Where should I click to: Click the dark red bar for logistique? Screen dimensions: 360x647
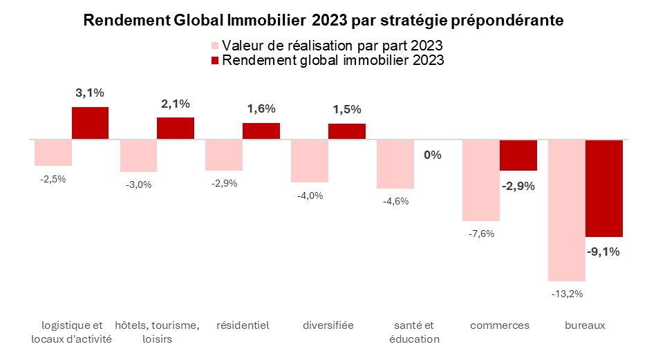click(x=90, y=124)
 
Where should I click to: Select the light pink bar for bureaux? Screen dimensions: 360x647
click(x=567, y=210)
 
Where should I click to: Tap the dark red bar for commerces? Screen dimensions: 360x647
click(x=518, y=155)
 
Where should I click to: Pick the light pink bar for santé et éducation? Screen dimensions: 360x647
click(x=395, y=164)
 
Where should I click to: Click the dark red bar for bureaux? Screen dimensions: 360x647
click(x=604, y=189)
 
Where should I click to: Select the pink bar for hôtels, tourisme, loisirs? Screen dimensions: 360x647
click(x=138, y=156)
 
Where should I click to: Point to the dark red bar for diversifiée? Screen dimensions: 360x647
click(x=347, y=132)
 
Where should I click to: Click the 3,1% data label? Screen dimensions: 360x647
click(x=90, y=93)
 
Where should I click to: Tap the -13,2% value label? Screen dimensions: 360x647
click(x=567, y=294)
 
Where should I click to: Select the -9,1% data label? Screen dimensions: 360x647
click(x=603, y=252)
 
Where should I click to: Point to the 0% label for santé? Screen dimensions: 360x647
click(x=433, y=155)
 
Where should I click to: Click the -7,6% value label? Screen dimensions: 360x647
click(x=481, y=234)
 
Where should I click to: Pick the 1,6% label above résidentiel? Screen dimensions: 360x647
click(x=261, y=108)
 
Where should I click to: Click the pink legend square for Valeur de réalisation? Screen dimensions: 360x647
click(x=214, y=46)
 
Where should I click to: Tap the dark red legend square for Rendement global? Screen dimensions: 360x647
click(x=214, y=61)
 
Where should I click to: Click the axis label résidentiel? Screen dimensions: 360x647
click(x=243, y=325)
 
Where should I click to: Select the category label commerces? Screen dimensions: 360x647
click(x=500, y=325)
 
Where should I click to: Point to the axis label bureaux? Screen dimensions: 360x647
click(x=585, y=325)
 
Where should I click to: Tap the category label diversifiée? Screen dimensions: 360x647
click(x=328, y=325)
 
